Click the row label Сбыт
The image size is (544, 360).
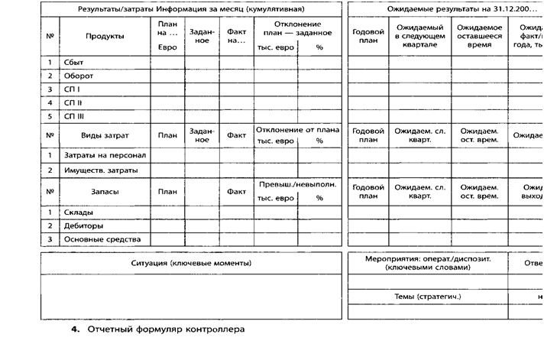[x=75, y=62]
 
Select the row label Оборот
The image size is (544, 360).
[x=79, y=76]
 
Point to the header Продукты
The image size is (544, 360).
[x=105, y=36]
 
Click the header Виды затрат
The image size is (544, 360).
[x=105, y=135]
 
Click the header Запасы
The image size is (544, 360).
[x=105, y=191]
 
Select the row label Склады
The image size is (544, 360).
[x=79, y=212]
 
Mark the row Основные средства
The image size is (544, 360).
[x=102, y=239]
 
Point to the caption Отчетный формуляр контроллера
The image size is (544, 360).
[x=164, y=329]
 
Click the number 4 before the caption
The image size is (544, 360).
[x=75, y=329]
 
